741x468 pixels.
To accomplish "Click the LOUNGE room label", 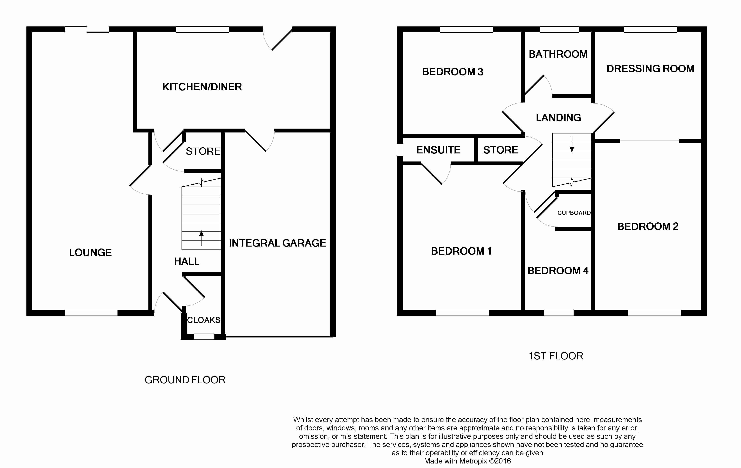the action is pyautogui.click(x=90, y=252).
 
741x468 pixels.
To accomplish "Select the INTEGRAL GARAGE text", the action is pyautogui.click(x=277, y=243).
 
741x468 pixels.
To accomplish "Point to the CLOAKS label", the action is pyautogui.click(x=203, y=320).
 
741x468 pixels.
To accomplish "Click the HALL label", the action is pyautogui.click(x=186, y=261).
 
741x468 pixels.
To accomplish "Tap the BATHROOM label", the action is pyautogui.click(x=558, y=54).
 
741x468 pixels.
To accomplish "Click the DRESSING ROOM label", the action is pyautogui.click(x=650, y=69).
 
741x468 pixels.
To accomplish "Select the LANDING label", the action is pyautogui.click(x=558, y=118).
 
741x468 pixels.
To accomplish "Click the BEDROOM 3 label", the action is pyautogui.click(x=452, y=72).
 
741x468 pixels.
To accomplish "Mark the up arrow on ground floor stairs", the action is pyautogui.click(x=201, y=237).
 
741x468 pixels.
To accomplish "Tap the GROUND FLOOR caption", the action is pyautogui.click(x=185, y=380).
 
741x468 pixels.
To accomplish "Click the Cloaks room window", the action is pyautogui.click(x=204, y=337).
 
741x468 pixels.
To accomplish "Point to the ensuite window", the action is pyautogui.click(x=400, y=150).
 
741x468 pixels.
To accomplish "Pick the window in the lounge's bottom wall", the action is pyautogui.click(x=91, y=313).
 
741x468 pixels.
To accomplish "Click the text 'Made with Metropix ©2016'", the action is pyautogui.click(x=467, y=461).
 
